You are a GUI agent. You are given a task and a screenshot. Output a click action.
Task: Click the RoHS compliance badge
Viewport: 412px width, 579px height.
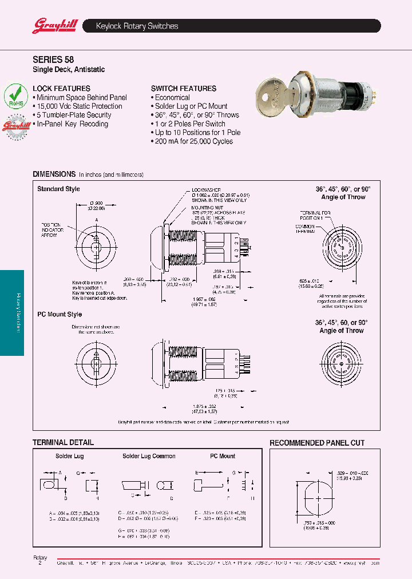tap(15, 96)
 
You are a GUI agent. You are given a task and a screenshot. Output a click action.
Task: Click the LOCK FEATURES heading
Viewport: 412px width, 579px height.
tap(62, 89)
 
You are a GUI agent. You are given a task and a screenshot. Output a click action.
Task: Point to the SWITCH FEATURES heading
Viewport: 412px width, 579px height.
tap(184, 89)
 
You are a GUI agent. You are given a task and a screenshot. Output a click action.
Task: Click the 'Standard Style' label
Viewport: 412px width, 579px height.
tap(59, 189)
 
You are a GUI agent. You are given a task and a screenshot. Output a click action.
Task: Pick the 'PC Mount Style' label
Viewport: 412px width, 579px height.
tap(60, 314)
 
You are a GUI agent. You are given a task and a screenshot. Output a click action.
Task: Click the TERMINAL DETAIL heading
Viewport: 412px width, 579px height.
tap(63, 442)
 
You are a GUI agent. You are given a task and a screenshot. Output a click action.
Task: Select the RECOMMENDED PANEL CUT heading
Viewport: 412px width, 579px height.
tap(317, 443)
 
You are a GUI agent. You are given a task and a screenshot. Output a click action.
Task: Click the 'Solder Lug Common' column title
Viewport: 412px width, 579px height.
tap(149, 456)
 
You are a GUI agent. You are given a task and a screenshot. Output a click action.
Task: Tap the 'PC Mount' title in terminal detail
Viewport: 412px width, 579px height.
tap(223, 456)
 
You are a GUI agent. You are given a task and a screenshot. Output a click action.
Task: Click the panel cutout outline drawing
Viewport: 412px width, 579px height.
tap(316, 498)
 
